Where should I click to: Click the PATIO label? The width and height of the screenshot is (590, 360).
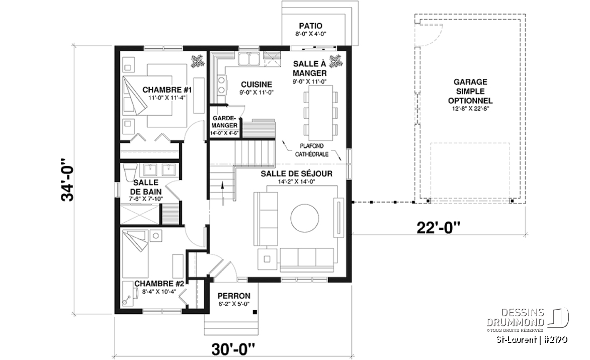pyautogui.click(x=310, y=26)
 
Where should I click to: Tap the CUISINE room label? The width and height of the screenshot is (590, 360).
pyautogui.click(x=256, y=84)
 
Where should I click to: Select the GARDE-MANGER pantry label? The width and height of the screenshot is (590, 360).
pyautogui.click(x=225, y=122)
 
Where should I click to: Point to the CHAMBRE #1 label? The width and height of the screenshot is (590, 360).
pyautogui.click(x=167, y=90)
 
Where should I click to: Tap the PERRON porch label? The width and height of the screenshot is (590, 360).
pyautogui.click(x=234, y=296)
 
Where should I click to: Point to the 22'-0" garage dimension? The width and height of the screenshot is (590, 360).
pyautogui.click(x=439, y=227)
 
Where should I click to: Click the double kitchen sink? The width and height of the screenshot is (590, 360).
pyautogui.click(x=248, y=59)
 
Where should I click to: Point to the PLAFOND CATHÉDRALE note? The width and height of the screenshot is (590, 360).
pyautogui.click(x=312, y=150)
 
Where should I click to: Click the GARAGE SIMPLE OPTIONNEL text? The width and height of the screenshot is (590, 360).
pyautogui.click(x=470, y=92)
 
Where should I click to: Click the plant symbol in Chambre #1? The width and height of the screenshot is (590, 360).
pyautogui.click(x=198, y=61)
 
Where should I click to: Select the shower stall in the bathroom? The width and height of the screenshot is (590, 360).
pyautogui.click(x=140, y=215)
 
